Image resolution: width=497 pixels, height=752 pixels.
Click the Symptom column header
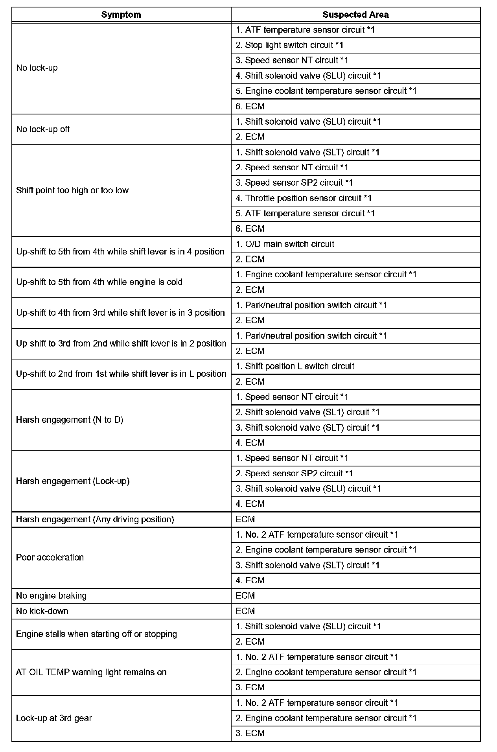click(x=121, y=15)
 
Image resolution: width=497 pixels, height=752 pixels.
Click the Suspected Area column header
click(x=355, y=15)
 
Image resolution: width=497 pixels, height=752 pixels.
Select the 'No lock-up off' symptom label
click(x=43, y=129)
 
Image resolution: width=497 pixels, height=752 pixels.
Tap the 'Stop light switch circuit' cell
click(x=289, y=45)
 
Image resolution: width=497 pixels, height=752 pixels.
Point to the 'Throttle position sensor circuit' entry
click(x=304, y=198)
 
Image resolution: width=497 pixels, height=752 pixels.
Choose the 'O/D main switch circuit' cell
click(x=285, y=244)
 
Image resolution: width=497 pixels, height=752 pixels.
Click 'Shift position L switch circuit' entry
click(x=295, y=367)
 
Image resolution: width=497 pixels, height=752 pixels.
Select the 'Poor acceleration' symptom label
click(x=50, y=557)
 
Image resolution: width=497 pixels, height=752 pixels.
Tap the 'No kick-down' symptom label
click(x=42, y=611)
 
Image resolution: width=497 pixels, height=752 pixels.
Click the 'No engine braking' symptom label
click(x=51, y=596)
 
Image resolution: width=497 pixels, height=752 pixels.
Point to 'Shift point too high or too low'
click(x=72, y=190)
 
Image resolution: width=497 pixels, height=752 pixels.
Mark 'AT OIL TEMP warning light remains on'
click(x=91, y=672)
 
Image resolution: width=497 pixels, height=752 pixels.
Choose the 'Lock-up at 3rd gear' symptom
click(x=54, y=718)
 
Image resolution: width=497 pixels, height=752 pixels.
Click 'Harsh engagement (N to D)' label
click(x=70, y=420)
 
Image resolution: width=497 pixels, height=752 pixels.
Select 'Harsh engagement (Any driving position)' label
click(x=95, y=520)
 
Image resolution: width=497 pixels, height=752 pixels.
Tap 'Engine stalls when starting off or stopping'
click(x=96, y=634)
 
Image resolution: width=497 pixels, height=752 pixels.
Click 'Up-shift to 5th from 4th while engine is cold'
click(x=99, y=282)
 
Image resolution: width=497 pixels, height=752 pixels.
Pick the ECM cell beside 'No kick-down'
click(x=245, y=611)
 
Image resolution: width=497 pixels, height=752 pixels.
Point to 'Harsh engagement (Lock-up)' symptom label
click(x=73, y=481)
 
